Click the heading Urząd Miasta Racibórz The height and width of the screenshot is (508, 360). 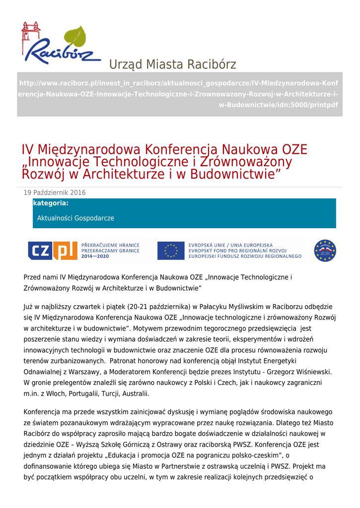pos(172,64)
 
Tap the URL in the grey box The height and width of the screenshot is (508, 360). pos(179,94)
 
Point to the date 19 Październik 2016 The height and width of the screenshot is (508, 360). pos(55,192)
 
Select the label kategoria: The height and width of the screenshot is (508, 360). pos(51,203)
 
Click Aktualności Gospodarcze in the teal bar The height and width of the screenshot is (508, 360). pos(75,218)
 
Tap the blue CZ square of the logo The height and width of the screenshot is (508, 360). pos(39,251)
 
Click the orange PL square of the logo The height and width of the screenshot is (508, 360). pos(65,251)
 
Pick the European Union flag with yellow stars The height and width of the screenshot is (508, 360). pos(170,251)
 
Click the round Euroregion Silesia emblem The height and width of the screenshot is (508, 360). pos(325,251)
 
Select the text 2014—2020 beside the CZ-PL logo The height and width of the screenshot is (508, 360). pos(95,256)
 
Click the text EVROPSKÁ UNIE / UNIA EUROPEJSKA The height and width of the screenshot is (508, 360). pos(230,245)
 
